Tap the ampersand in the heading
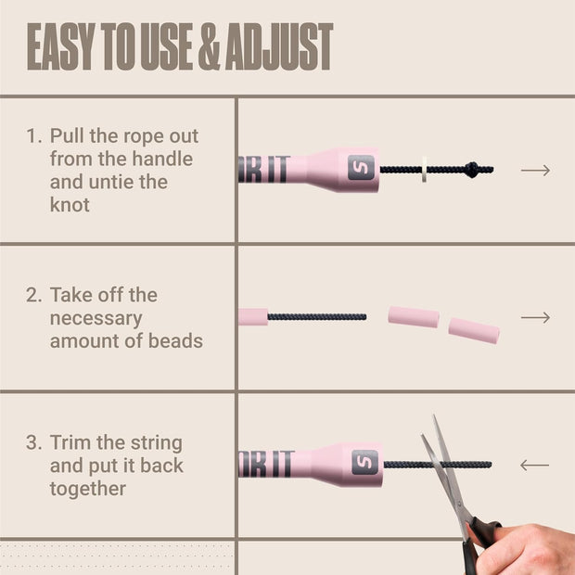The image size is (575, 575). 210,46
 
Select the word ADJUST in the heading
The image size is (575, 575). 279,46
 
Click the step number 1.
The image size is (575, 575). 32,136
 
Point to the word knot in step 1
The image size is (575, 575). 70,205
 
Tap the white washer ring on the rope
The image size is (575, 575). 424,170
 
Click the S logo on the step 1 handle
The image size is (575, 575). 361,168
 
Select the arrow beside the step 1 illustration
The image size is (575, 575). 535,170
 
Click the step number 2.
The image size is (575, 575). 33,295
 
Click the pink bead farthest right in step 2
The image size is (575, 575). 474,331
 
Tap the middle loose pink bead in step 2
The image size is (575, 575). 414,317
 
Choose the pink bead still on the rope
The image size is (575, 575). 253,317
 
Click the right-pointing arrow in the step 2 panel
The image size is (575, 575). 535,317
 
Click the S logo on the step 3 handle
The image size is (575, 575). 364,462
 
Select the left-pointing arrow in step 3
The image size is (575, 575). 535,466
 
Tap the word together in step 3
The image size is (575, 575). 88,489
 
